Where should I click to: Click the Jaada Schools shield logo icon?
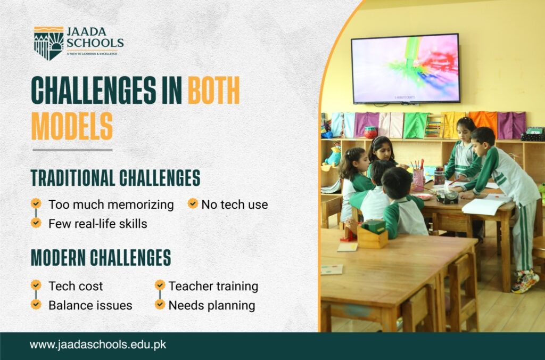pyautogui.click(x=48, y=43)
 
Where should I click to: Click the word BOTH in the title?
pyautogui.click(x=213, y=91)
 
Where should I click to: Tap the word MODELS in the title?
pyautogui.click(x=72, y=126)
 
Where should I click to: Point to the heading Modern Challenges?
pyautogui.click(x=101, y=257)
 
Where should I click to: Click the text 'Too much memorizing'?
pyautogui.click(x=111, y=204)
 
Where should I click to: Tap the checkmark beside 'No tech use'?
pyautogui.click(x=193, y=203)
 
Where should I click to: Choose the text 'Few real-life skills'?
pyautogui.click(x=97, y=224)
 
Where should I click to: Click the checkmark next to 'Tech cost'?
pyautogui.click(x=36, y=285)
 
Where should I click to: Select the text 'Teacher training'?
pyautogui.click(x=213, y=286)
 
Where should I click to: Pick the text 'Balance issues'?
pyautogui.click(x=90, y=306)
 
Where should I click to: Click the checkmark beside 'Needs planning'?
pyautogui.click(x=160, y=305)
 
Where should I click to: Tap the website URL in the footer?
pyautogui.click(x=98, y=345)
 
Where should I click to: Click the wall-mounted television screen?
pyautogui.click(x=406, y=68)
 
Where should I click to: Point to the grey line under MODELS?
pyautogui.click(x=72, y=150)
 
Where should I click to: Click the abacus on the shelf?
pyautogui.click(x=434, y=127)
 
